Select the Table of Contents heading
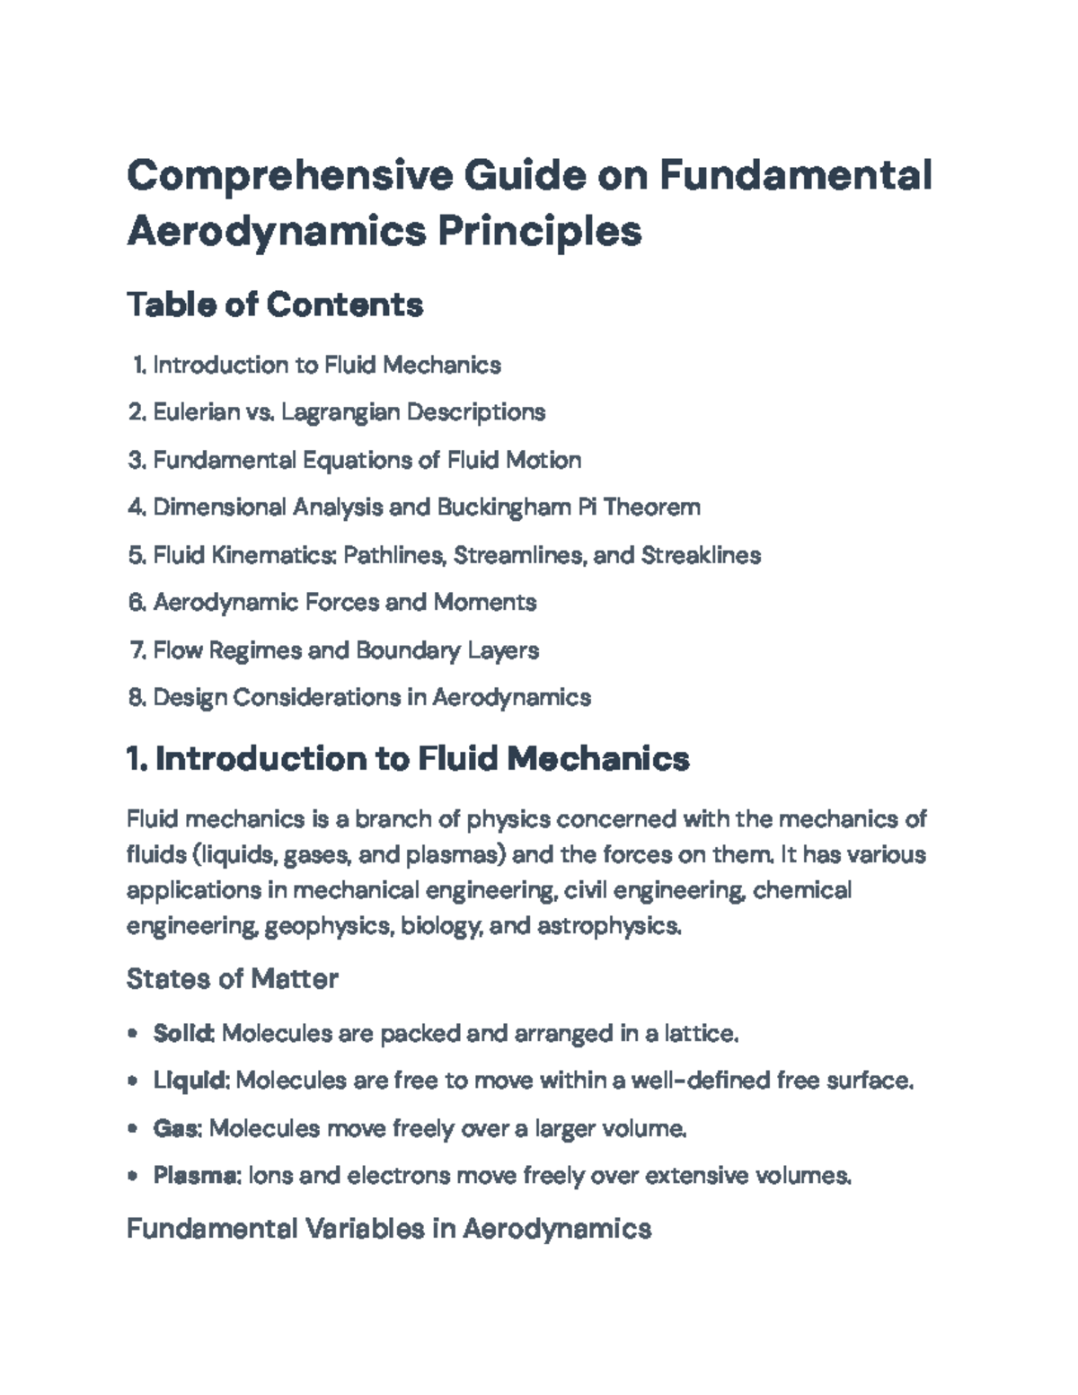pos(275,305)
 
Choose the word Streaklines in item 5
pos(701,555)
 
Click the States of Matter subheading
pos(232,978)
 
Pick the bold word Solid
pos(182,1034)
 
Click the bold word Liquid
pos(190,1080)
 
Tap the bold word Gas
pos(175,1127)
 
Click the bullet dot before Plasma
pos(133,1175)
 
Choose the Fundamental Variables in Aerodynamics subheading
pos(388,1228)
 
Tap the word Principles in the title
pos(539,231)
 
